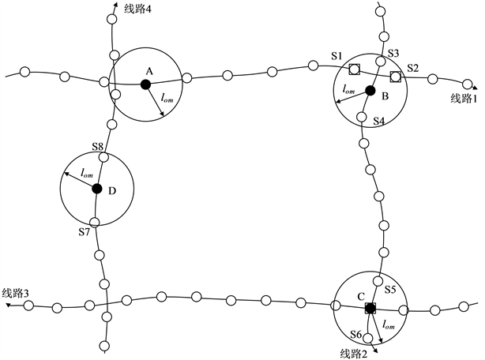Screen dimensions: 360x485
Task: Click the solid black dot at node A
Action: [x=145, y=84]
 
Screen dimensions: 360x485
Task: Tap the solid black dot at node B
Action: [x=370, y=90]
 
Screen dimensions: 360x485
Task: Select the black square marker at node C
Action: [x=370, y=306]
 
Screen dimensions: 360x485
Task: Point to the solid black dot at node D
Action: [x=97, y=189]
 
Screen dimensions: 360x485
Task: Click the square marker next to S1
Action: [x=355, y=68]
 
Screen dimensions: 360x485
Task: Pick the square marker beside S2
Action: [x=396, y=76]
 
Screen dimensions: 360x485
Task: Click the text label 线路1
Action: [x=464, y=98]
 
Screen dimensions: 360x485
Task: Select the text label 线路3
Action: [x=17, y=293]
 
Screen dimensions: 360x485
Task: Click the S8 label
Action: [x=98, y=147]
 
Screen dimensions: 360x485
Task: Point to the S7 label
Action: [x=85, y=231]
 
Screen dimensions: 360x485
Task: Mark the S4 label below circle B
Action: [x=378, y=122]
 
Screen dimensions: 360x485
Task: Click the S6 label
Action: [x=355, y=335]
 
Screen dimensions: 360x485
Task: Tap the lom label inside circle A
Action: [x=168, y=99]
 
